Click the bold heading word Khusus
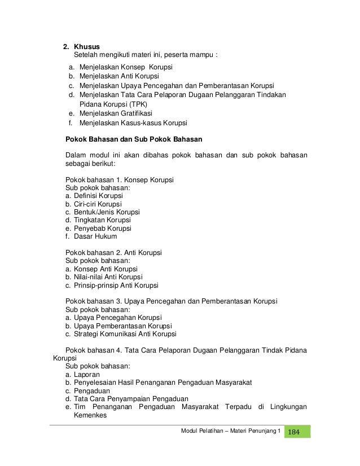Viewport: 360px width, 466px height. click(x=87, y=46)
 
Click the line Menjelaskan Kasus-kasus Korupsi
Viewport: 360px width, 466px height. click(x=133, y=123)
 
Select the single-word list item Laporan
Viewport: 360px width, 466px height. click(x=87, y=375)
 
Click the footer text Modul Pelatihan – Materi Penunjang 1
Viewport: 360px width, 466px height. click(x=230, y=432)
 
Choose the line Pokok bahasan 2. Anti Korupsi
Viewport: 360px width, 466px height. click(x=113, y=253)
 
